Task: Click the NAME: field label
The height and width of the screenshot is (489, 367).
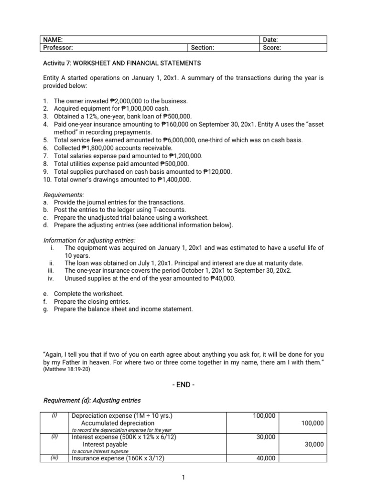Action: tap(53, 40)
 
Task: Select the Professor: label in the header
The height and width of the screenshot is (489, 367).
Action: tap(58, 48)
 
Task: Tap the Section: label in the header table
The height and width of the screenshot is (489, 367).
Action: tap(202, 48)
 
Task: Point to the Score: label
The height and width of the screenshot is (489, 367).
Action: tap(272, 48)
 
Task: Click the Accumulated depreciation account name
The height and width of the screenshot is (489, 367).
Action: tap(116, 423)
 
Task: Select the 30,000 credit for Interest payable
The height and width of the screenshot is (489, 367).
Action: tap(314, 444)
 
